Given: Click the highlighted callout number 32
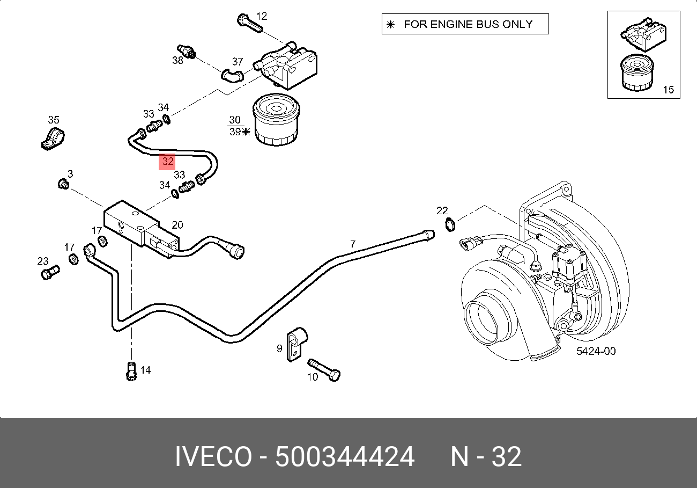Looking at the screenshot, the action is click(167, 161).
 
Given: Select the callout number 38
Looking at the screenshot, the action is click(177, 61).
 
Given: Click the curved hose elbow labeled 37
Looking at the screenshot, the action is click(232, 76).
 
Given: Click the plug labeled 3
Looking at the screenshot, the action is click(63, 185).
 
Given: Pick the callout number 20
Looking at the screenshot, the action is click(177, 225).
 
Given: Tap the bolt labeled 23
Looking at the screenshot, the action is click(49, 273).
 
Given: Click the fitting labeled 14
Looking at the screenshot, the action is click(130, 372).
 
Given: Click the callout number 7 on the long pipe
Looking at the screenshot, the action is click(352, 244).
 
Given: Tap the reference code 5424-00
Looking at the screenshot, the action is click(596, 352).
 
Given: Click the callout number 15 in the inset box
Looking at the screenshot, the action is click(668, 90).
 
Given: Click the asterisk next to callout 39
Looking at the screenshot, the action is click(246, 132).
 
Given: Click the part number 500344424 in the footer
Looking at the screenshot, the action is click(345, 457).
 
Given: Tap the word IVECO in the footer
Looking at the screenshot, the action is click(213, 457).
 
